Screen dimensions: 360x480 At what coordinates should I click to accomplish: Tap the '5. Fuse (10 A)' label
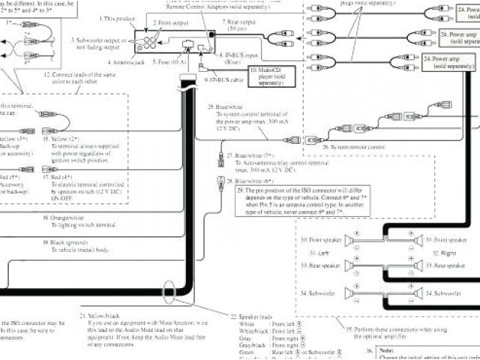[x=171, y=62]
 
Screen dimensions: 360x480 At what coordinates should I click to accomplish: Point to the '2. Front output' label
[x=172, y=23]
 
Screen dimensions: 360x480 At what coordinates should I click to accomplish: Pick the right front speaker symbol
[x=419, y=239]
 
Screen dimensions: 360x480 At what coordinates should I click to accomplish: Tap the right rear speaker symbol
[x=419, y=265]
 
